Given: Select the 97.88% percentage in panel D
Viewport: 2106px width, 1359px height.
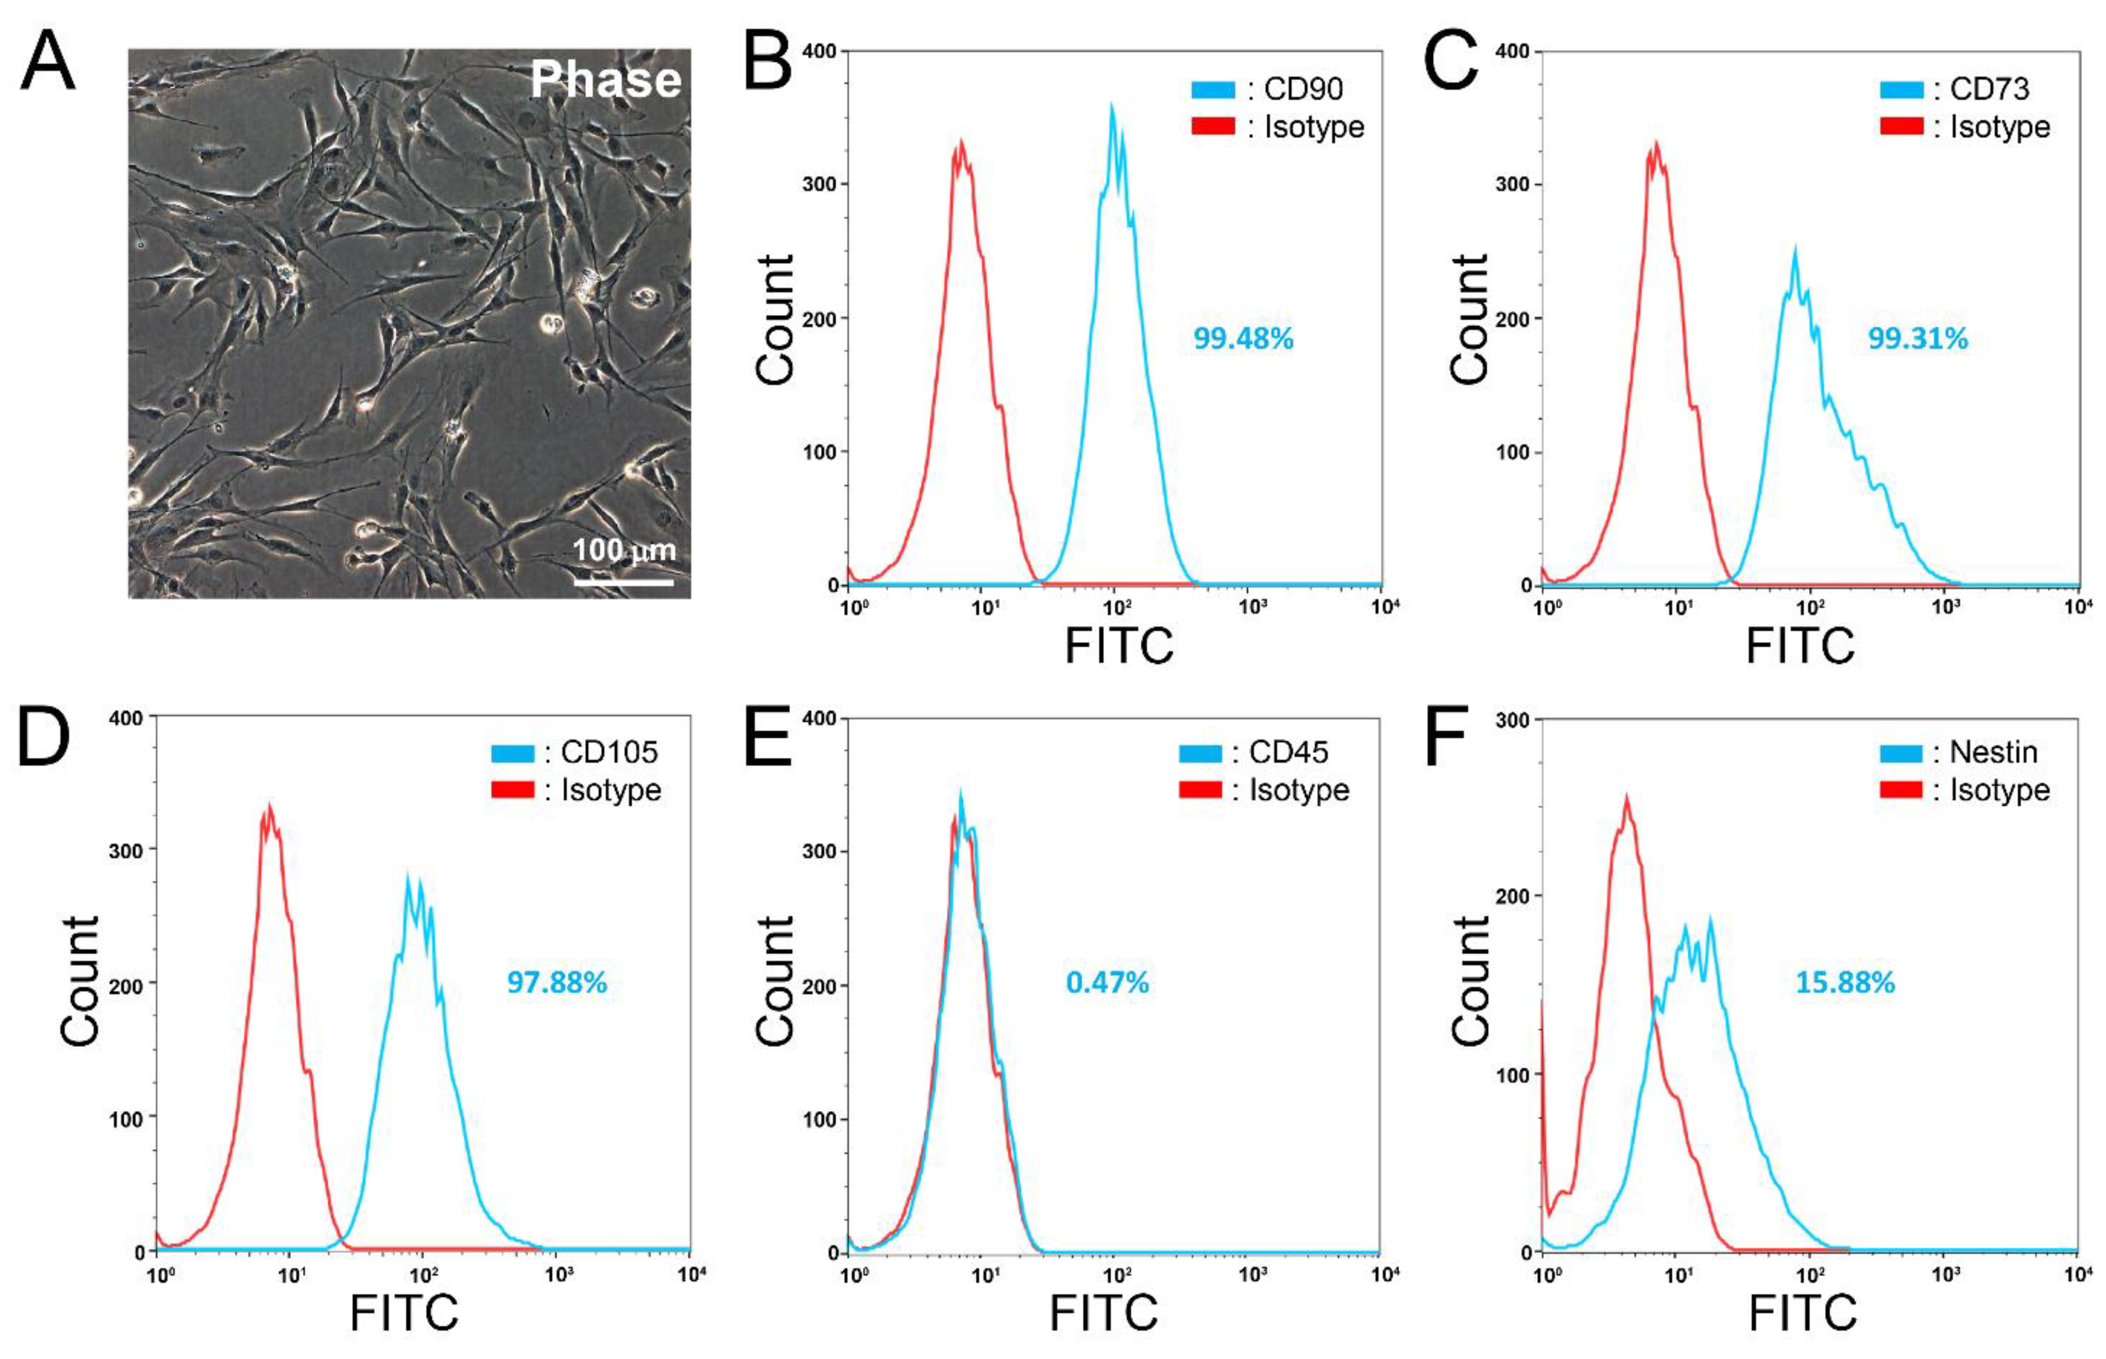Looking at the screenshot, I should (557, 982).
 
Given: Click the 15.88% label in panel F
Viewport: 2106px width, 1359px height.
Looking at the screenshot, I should (1845, 982).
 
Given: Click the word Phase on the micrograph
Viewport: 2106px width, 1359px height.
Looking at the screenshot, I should (605, 80).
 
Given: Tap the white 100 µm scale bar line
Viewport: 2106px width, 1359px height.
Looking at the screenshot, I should (624, 583).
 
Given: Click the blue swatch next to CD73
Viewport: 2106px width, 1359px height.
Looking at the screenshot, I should (1902, 89).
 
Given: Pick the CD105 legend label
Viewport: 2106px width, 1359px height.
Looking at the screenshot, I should (609, 753).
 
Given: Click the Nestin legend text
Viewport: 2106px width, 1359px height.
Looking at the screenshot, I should (1993, 753).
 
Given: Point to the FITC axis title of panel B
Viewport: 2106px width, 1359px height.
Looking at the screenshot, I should (1119, 646).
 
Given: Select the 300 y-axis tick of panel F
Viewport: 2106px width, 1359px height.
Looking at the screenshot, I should (1515, 720).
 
